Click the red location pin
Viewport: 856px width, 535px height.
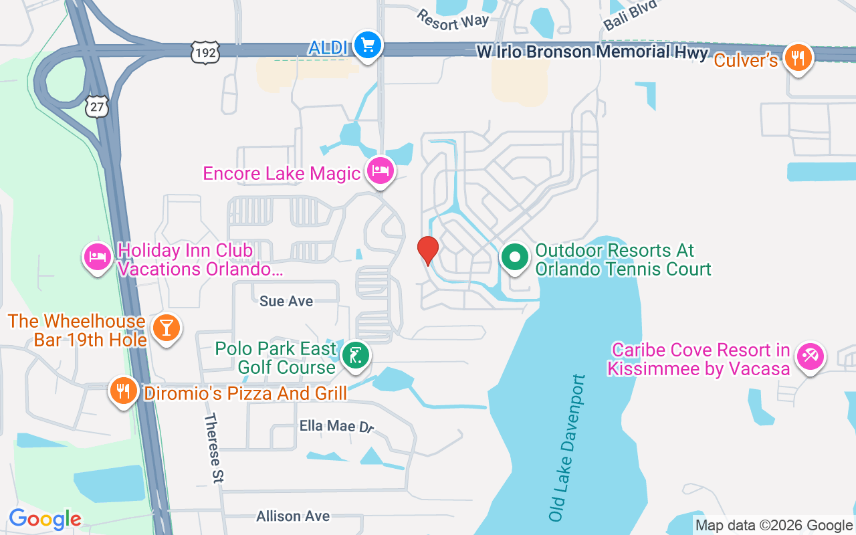tap(428, 250)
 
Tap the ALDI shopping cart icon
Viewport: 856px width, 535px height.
tap(367, 46)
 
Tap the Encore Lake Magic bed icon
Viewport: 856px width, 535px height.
tap(381, 172)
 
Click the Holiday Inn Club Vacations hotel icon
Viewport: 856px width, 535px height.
tap(98, 257)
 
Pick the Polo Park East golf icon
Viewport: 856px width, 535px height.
tap(356, 356)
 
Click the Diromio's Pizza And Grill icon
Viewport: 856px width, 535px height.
tap(123, 391)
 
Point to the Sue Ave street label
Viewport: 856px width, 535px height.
tap(286, 301)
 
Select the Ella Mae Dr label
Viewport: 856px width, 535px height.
tap(336, 426)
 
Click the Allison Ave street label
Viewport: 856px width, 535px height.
tap(293, 516)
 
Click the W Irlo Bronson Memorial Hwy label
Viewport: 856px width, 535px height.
tap(591, 51)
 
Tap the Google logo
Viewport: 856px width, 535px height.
tap(45, 519)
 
